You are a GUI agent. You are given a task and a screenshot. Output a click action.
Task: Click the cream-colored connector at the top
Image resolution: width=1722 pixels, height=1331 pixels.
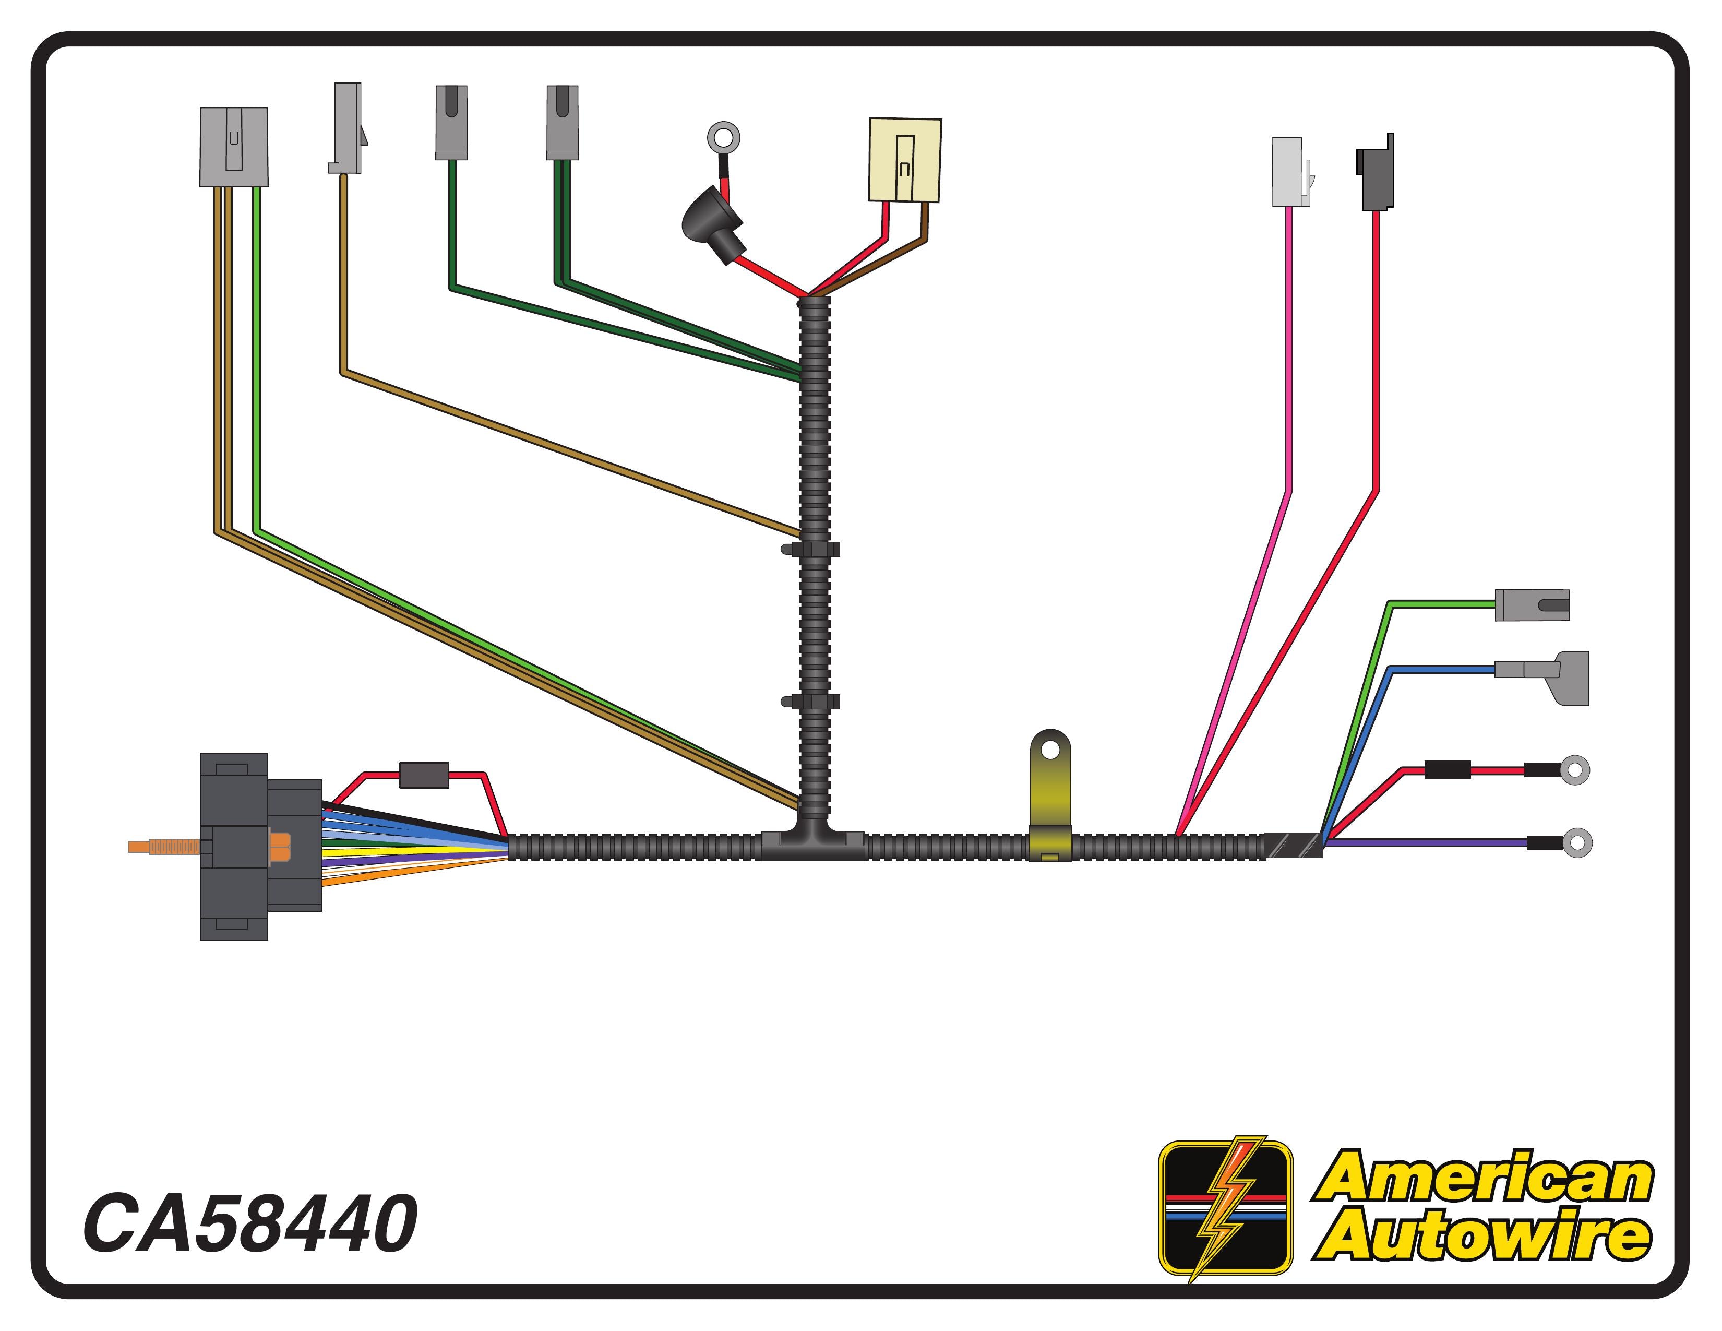(905, 160)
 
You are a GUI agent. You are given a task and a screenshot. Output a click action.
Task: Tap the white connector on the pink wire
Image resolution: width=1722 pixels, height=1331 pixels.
(1290, 172)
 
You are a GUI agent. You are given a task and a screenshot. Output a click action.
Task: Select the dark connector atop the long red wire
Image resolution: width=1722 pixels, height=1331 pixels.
(1375, 172)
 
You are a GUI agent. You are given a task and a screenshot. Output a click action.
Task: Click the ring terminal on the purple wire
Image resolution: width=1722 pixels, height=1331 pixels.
(1576, 842)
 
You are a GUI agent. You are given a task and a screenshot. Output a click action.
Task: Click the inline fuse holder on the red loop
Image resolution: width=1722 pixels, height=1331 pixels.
(424, 775)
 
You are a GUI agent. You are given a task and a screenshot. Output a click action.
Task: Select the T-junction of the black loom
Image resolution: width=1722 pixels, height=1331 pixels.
(814, 837)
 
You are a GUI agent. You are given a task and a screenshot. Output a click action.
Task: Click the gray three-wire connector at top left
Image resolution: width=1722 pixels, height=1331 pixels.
(234, 147)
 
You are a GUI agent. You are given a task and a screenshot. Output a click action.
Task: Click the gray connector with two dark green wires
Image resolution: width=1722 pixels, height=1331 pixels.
(562, 122)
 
